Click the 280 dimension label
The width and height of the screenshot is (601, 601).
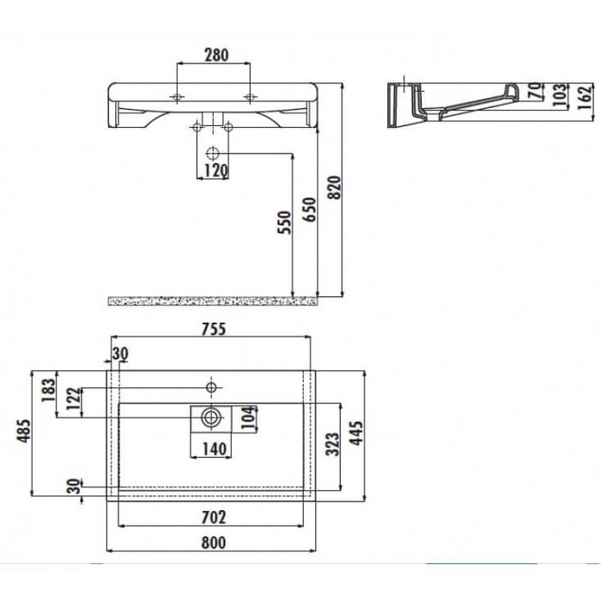216,56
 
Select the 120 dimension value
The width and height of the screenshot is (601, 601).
216,171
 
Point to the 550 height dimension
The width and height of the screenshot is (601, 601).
285,222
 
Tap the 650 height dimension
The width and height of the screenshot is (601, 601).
310,209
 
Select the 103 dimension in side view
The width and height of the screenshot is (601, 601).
559,92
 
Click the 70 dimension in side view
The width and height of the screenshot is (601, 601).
534,88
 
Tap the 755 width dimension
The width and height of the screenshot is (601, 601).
214,329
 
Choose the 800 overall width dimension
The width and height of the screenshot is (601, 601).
214,542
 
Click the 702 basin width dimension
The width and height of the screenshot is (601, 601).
214,517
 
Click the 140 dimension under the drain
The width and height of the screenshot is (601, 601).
214,447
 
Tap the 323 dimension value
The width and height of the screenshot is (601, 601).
333,442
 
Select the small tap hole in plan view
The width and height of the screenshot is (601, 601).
210,387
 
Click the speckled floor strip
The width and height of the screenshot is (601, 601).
213,300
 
